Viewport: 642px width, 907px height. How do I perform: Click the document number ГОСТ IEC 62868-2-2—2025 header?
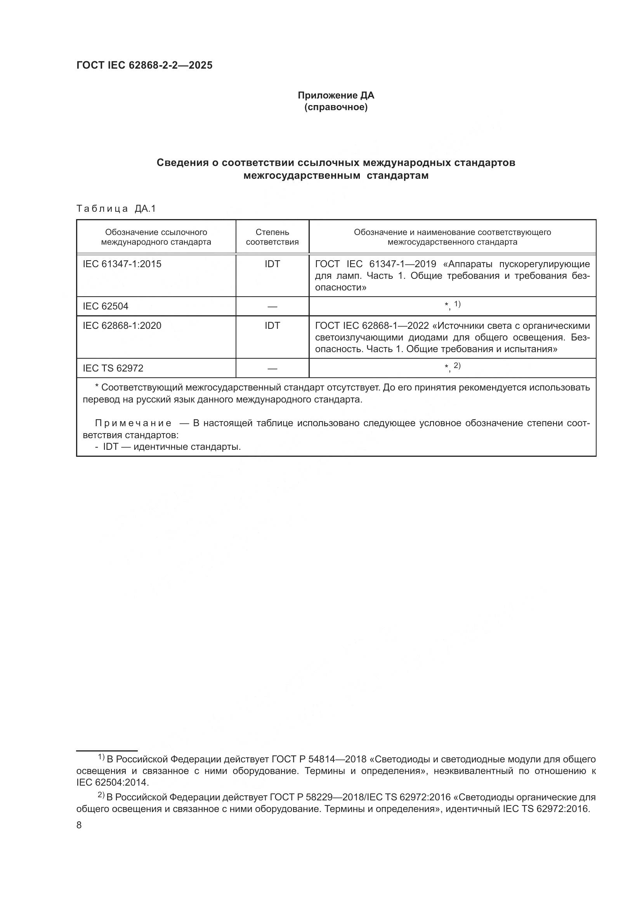(144, 65)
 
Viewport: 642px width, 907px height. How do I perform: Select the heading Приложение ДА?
(336, 95)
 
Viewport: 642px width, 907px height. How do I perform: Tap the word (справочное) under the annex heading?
(336, 107)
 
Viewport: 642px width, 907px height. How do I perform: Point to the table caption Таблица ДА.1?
(116, 209)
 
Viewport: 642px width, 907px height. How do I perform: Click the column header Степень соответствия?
(272, 237)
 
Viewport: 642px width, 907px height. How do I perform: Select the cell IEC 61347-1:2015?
(122, 264)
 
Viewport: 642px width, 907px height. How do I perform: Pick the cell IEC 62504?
(106, 306)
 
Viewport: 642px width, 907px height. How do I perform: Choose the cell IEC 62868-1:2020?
(122, 325)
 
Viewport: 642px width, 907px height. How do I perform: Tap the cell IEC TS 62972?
(113, 368)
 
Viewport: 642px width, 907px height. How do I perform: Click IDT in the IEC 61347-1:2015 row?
(272, 264)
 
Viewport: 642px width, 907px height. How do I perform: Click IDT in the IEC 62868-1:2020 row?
(272, 325)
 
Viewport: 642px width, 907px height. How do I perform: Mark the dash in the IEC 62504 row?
(272, 307)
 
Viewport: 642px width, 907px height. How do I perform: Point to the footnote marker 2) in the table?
(457, 366)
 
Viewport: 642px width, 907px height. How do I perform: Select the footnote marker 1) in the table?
(457, 304)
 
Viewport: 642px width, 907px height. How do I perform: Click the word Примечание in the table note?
(133, 423)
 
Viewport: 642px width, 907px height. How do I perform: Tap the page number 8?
(79, 825)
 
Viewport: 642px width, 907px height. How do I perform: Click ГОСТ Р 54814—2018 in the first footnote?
(319, 759)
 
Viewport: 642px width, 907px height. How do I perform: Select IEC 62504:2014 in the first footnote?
(112, 782)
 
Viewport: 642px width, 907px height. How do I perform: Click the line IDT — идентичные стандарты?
(172, 447)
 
